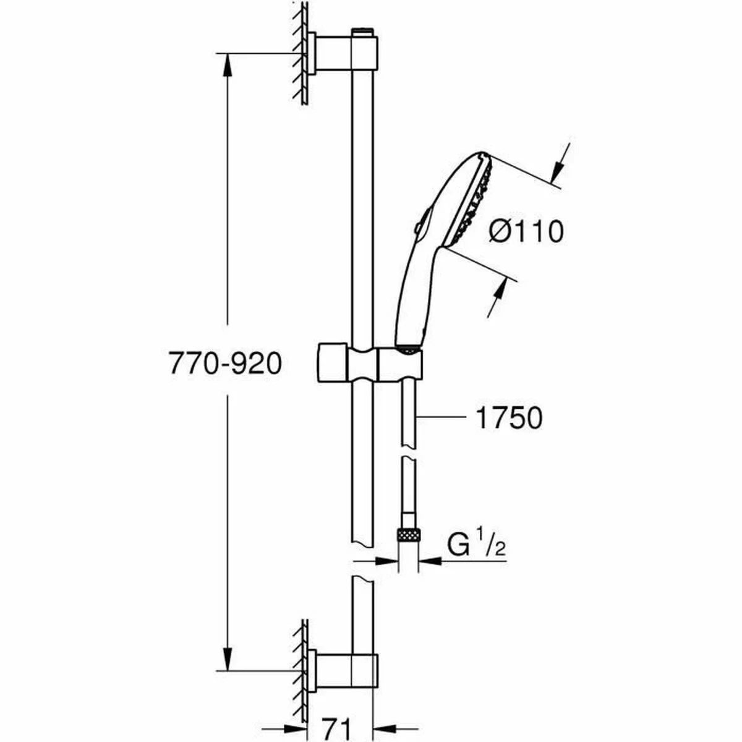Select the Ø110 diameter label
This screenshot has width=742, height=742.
pos(526,232)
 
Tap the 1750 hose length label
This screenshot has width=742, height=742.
pos(508,418)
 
